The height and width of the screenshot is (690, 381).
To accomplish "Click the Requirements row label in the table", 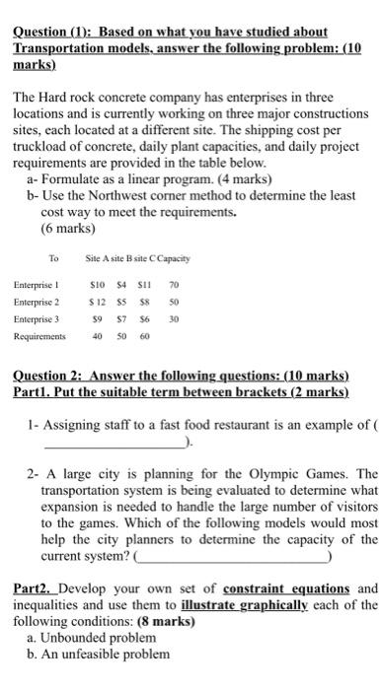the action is pos(40,336).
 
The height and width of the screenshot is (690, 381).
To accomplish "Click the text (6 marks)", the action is pos(68,227).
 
